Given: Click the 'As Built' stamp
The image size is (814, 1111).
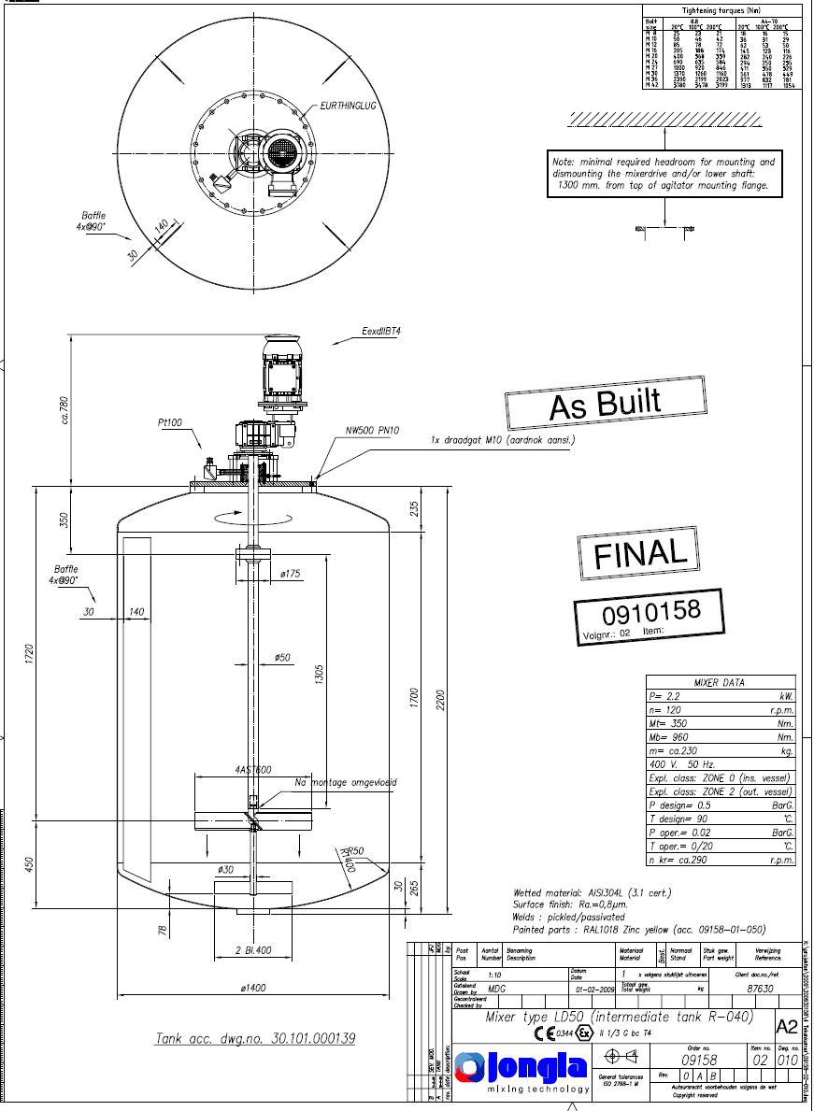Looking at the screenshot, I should point(605,405).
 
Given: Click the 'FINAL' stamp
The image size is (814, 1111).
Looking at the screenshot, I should point(640,553).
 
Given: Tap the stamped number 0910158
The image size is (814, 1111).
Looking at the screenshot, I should point(650,614).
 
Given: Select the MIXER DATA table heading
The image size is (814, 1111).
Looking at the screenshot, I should point(720,682).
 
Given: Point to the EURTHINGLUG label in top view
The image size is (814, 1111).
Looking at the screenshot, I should point(348,106).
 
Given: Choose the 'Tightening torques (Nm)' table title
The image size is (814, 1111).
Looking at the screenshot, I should point(720,10).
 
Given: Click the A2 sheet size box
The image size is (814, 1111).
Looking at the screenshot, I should point(787,1026).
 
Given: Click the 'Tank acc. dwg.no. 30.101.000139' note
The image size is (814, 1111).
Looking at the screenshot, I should point(255,1038).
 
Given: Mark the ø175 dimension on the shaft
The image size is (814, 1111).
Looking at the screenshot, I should point(289,574).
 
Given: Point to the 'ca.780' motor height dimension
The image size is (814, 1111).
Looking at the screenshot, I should point(64,411).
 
